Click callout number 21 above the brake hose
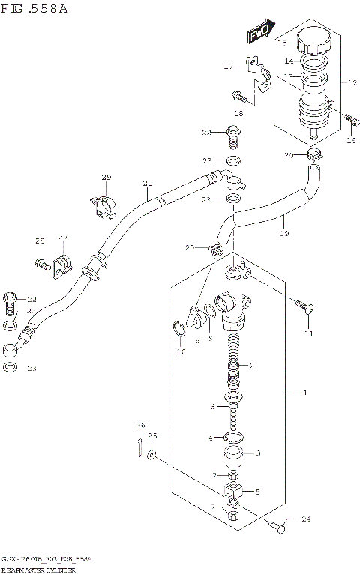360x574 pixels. click(x=147, y=183)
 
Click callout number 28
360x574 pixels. click(x=40, y=241)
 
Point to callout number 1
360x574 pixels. click(x=304, y=393)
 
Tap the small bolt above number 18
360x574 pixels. click(x=238, y=96)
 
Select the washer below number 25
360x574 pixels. click(x=151, y=455)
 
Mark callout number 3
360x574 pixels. click(x=258, y=453)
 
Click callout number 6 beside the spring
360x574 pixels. click(x=213, y=407)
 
